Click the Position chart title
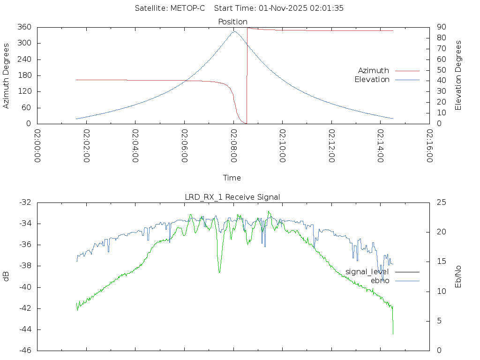pyautogui.click(x=232, y=22)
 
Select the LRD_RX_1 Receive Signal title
pyautogui.click(x=232, y=197)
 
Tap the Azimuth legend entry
pyautogui.click(x=374, y=70)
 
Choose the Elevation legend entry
pyautogui.click(x=372, y=80)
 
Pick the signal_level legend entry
pyautogui.click(x=367, y=271)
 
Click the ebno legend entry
pyautogui.click(x=380, y=280)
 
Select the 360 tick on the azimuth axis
pyautogui.click(x=24, y=27)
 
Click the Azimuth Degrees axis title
pyautogui.click(x=7, y=75)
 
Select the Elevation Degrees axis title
pyautogui.click(x=458, y=75)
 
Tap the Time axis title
pyautogui.click(x=232, y=178)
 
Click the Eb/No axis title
pyautogui.click(x=458, y=276)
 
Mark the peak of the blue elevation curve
pyautogui.click(x=234, y=31)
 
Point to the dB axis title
pyautogui.click(x=7, y=276)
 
